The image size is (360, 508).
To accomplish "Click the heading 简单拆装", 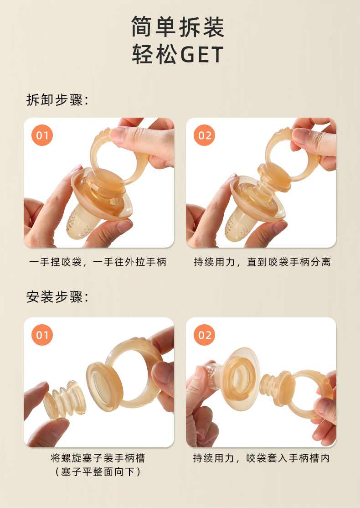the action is click(178, 27).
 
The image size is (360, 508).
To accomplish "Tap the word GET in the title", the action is click(201, 54).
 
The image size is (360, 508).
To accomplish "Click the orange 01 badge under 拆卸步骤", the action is click(42, 135).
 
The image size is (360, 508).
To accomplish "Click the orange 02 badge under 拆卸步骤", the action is click(204, 135).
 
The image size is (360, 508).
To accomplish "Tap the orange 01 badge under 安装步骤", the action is click(42, 335).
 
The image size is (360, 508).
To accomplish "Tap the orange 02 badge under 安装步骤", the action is click(204, 335).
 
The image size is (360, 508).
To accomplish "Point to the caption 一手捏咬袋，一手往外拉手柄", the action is click(98, 262).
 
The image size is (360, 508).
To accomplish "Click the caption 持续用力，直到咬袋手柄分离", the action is click(262, 262).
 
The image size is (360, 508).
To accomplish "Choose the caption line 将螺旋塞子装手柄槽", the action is click(98, 458).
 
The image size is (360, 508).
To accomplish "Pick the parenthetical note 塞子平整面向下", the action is click(98, 472).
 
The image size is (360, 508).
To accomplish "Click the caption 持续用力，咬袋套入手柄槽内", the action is click(261, 458).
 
